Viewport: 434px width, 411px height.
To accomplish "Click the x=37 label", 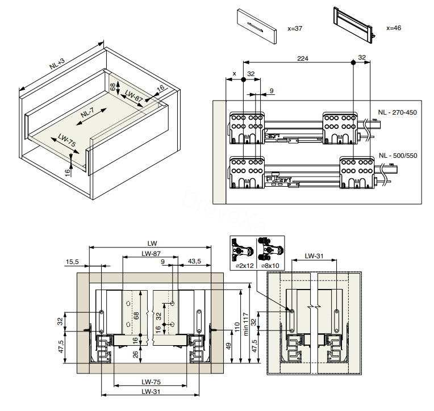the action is pyautogui.click(x=295, y=28).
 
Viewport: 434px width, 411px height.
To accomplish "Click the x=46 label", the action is pyautogui.click(x=394, y=28).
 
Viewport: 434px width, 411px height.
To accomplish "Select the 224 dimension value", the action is pyautogui.click(x=303, y=58).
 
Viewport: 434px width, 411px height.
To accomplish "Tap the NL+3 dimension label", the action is pyautogui.click(x=57, y=64).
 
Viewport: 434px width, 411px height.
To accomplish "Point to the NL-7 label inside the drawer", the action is pyautogui.click(x=87, y=113).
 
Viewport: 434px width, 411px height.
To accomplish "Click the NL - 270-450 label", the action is pyautogui.click(x=397, y=112).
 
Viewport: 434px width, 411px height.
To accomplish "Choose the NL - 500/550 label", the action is pyautogui.click(x=398, y=156).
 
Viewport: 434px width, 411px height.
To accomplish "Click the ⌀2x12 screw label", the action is pyautogui.click(x=244, y=266).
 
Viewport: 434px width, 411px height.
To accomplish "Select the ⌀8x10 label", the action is pyautogui.click(x=270, y=266).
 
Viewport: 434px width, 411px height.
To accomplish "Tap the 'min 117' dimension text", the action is pyautogui.click(x=245, y=324).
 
